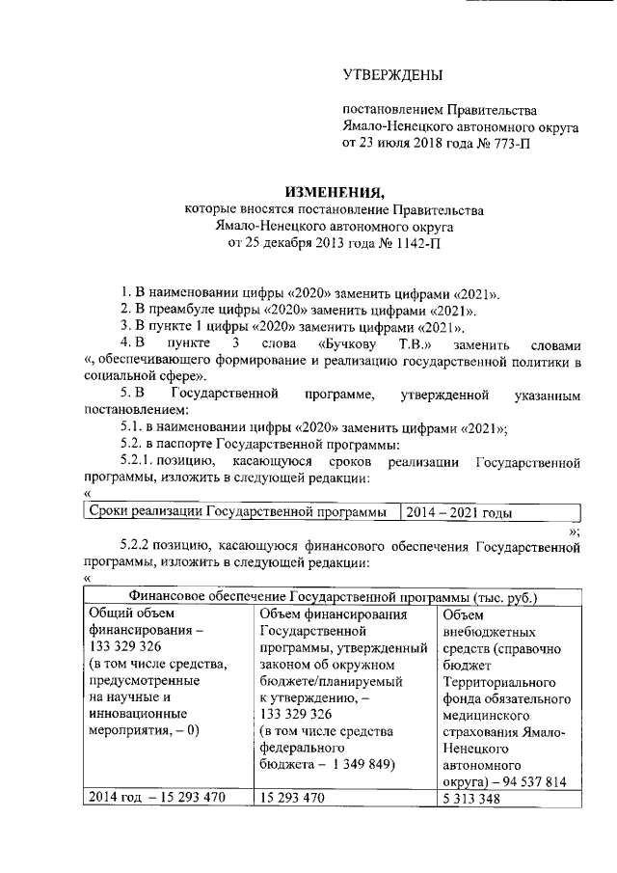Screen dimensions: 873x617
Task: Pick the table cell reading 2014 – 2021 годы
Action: [457, 513]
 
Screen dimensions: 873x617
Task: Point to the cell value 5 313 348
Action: [469, 800]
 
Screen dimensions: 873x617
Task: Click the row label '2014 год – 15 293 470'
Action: [156, 800]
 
